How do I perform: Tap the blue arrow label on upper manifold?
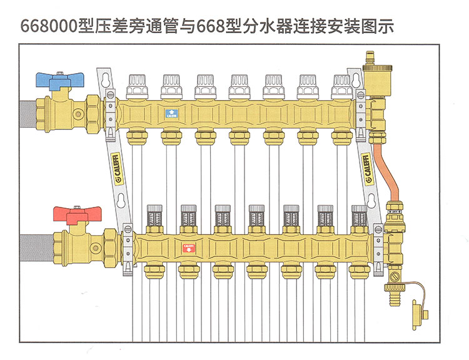coord(170,113)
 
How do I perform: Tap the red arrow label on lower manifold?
coord(187,247)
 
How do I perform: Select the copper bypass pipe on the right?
coord(385,165)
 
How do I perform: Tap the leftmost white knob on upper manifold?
coord(136,84)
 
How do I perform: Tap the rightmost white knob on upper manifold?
coord(341,84)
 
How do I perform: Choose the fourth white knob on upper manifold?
coord(239,84)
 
